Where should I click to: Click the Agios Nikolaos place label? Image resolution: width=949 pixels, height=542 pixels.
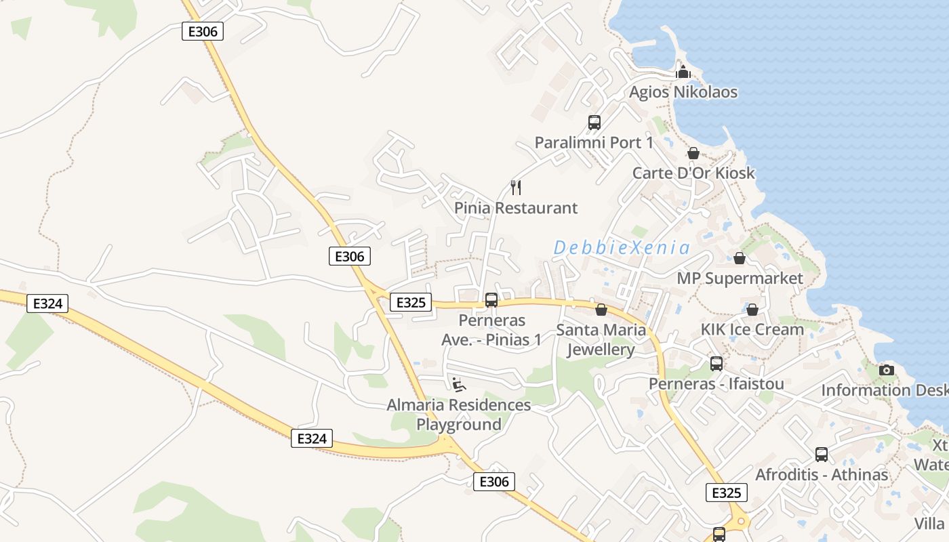click(683, 92)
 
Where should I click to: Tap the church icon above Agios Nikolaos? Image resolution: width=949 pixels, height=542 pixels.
click(683, 72)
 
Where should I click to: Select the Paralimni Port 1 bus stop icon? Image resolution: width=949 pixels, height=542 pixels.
click(594, 123)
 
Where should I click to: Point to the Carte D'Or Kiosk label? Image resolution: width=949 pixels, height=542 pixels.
click(693, 173)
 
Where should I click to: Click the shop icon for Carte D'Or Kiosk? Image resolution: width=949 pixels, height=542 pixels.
click(693, 153)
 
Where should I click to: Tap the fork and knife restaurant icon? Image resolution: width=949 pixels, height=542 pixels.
click(516, 187)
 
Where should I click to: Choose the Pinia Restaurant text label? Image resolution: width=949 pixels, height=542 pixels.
click(516, 208)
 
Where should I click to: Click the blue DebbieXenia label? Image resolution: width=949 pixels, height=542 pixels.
click(622, 248)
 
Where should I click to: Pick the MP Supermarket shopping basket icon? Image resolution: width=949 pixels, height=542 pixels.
click(740, 258)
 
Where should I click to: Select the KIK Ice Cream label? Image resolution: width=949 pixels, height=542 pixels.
click(752, 330)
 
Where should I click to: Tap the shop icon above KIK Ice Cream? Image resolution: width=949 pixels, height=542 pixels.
click(752, 310)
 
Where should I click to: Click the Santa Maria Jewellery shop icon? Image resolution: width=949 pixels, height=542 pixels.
click(601, 310)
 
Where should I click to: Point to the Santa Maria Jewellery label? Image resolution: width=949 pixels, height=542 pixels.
click(601, 340)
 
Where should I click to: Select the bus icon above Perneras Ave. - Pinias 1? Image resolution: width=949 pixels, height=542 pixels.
click(491, 299)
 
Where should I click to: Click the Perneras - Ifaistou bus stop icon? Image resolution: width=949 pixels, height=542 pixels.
click(716, 364)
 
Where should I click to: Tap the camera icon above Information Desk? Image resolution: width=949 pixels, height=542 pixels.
click(887, 370)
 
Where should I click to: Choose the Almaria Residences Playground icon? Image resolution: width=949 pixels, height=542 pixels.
click(459, 385)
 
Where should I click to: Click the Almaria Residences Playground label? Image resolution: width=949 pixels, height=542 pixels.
click(459, 415)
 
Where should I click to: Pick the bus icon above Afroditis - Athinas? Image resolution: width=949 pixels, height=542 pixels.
click(822, 455)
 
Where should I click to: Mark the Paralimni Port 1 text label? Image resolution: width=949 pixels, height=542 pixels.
click(594, 143)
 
